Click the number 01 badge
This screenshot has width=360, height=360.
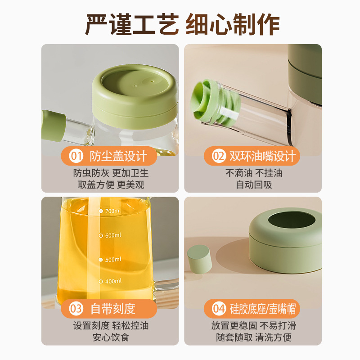coord(76,157)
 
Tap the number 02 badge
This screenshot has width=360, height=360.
coord(218,157)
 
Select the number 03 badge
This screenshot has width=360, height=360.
coord(76,309)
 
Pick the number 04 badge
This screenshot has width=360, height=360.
coord(218,309)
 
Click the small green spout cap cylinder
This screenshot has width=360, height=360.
coord(200,259)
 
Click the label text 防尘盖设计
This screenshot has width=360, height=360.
coord(118,157)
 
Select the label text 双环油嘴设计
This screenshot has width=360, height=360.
coord(262,157)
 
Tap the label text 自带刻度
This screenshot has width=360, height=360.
coord(112,309)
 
